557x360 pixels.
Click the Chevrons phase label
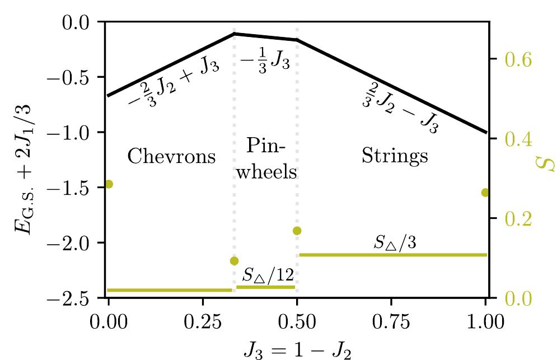(171, 156)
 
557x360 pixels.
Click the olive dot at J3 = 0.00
(109, 184)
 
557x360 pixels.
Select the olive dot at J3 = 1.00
(485, 193)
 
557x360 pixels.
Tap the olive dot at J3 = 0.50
(297, 231)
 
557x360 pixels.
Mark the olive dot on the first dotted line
(234, 261)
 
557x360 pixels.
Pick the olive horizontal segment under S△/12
(265, 287)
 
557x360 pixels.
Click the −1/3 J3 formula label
(265, 61)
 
